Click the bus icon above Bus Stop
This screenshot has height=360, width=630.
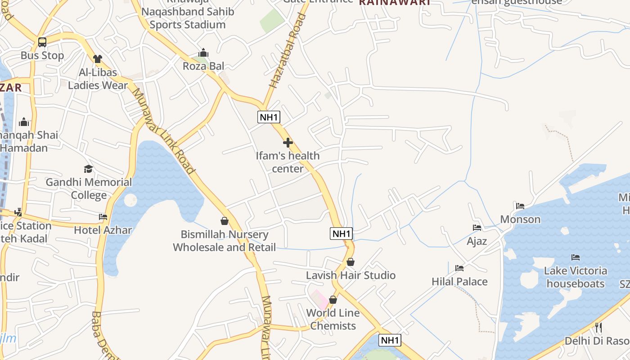tap(42, 42)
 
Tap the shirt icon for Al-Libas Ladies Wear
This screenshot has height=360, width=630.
tap(98, 58)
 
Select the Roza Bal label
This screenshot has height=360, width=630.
tap(203, 66)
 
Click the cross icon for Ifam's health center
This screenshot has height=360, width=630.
tap(288, 143)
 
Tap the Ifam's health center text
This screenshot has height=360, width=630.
tap(288, 162)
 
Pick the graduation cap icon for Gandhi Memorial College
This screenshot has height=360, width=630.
tap(89, 169)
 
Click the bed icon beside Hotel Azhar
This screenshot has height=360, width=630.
tap(103, 217)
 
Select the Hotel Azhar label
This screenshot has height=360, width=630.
tap(103, 230)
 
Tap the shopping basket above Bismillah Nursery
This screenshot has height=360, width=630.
tap(225, 221)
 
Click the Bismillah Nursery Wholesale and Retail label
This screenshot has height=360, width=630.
tap(225, 241)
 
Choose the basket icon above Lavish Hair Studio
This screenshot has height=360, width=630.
tap(351, 262)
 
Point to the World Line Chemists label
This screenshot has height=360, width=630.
tap(333, 319)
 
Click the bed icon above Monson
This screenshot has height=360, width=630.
tap(520, 206)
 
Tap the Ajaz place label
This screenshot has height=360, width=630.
tap(477, 241)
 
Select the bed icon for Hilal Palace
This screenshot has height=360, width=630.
tap(459, 268)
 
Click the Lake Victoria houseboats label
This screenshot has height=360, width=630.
tap(576, 277)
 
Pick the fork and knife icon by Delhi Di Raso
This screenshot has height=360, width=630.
tap(598, 327)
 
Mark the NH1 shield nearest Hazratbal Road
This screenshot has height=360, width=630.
tap(269, 117)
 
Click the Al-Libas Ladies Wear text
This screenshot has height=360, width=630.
tap(98, 79)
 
